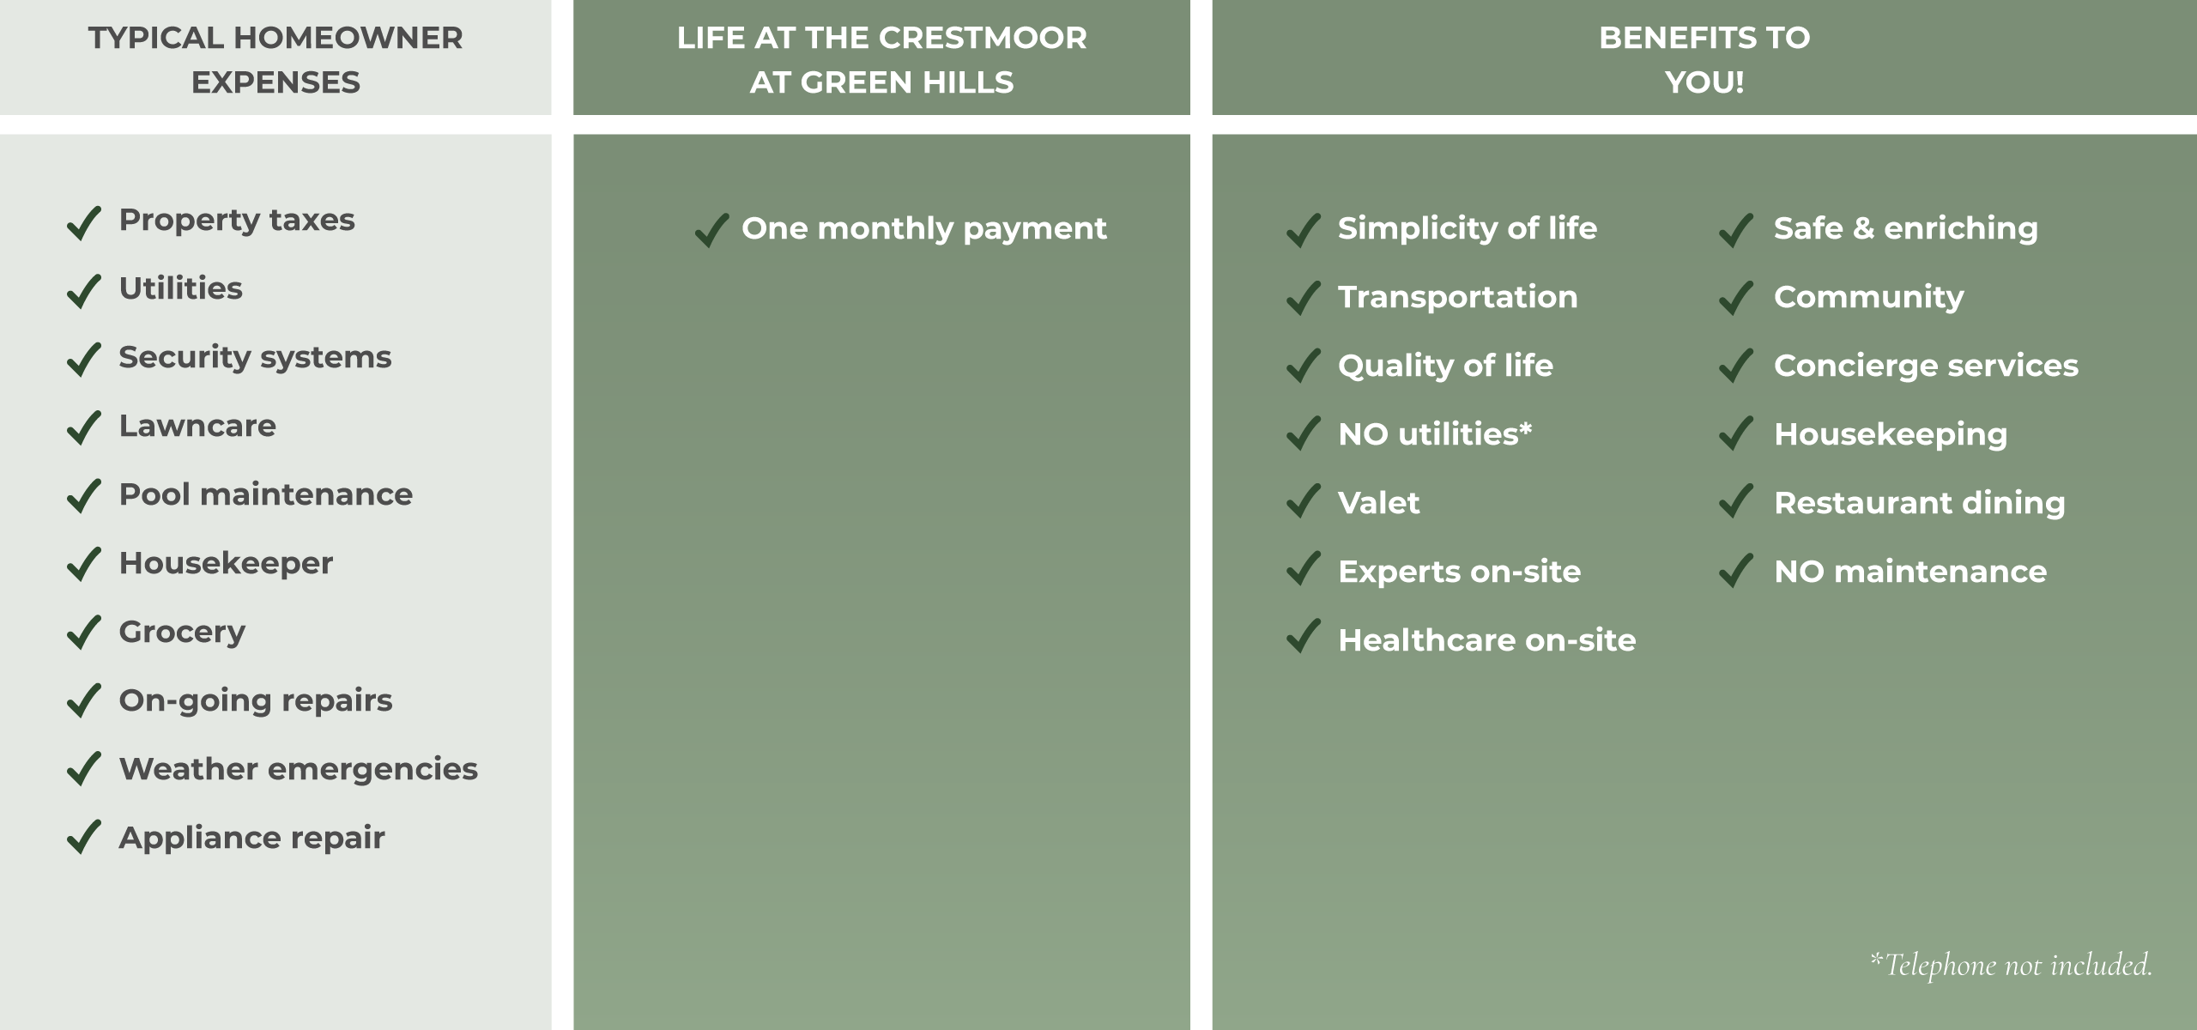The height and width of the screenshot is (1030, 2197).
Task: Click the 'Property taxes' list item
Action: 237,221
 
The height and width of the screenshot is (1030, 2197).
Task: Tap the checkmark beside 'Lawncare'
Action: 84,427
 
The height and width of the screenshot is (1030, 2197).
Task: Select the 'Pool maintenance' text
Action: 266,494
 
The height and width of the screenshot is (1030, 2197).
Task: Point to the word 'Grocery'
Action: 182,633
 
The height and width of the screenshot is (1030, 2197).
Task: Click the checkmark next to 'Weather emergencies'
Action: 84,771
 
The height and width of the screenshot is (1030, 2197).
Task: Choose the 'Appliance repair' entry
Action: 252,839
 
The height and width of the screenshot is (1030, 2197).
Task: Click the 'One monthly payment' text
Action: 924,229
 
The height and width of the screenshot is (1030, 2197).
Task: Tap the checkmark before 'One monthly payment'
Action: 711,230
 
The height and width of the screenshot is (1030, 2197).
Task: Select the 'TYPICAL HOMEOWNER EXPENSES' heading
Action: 275,60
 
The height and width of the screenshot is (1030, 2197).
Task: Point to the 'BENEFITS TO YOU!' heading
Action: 1704,60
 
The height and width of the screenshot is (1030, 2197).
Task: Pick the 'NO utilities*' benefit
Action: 1435,434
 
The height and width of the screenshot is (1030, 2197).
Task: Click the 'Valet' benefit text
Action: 1379,503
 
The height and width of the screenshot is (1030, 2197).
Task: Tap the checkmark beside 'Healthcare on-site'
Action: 1303,636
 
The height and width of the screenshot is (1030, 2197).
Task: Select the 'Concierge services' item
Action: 1927,367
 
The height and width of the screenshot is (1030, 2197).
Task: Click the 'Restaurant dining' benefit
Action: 1920,504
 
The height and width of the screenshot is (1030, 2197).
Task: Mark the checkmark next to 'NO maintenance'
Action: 1736,570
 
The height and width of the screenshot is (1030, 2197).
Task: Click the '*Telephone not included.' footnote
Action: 2012,965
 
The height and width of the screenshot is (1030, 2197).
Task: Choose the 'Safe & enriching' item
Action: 1906,229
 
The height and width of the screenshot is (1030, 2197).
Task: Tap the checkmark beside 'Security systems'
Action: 84,359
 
